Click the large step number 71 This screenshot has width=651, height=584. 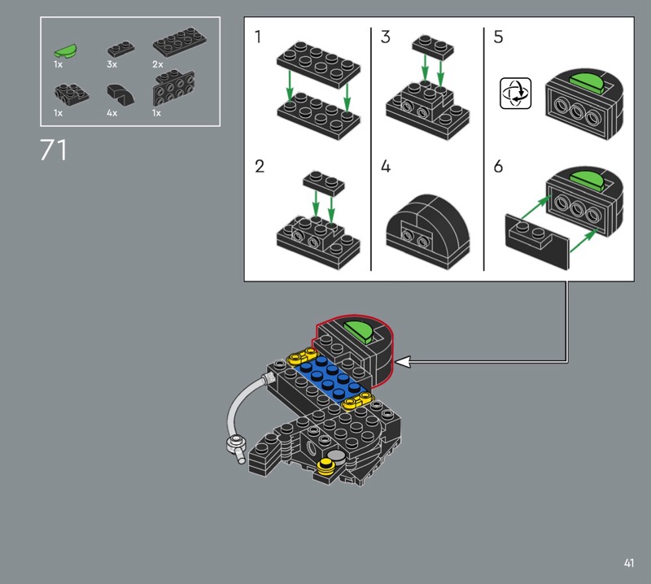[53, 150]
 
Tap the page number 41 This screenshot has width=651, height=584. [628, 563]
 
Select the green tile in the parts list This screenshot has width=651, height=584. [65, 50]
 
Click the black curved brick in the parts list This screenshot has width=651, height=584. [120, 94]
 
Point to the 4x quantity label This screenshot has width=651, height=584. [111, 113]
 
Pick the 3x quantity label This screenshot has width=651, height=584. [111, 64]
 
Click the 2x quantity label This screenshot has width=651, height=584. [157, 64]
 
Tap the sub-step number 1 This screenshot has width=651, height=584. [258, 37]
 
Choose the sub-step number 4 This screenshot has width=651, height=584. [386, 166]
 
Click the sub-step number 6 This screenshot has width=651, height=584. [498, 166]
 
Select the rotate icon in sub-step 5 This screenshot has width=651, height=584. [515, 93]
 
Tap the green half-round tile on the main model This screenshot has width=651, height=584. [358, 331]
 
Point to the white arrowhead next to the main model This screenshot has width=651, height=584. [403, 362]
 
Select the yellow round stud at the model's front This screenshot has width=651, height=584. [326, 467]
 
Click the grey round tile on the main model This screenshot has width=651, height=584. [337, 456]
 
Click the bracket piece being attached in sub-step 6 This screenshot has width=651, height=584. [537, 241]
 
